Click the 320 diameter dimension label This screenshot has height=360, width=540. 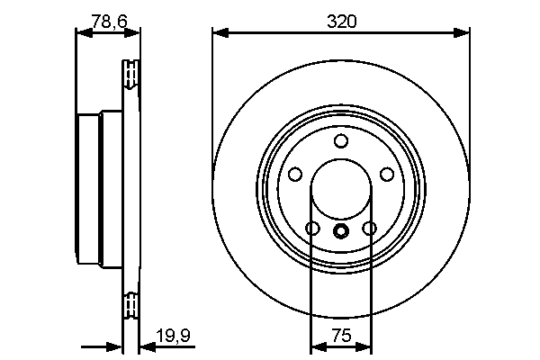[341, 21]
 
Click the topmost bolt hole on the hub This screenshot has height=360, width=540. [341, 141]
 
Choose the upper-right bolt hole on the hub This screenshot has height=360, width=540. [386, 175]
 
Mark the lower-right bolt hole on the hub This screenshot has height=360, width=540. [369, 229]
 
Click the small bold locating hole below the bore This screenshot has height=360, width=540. [341, 231]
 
